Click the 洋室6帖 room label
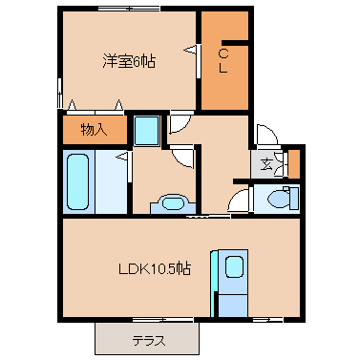pos(129,61)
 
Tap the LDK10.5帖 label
pos(155,269)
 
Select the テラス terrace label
pos(149,341)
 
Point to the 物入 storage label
pos(94,130)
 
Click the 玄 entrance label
pos(266,164)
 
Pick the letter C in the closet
pos(223,54)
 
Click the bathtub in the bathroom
pos(77,181)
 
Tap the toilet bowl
pos(279,200)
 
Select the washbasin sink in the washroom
pos(173,202)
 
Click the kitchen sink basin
pos(235,266)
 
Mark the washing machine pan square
pos(146,131)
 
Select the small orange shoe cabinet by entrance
pos(294,164)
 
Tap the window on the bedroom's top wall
pos(129,9)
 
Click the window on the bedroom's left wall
pos(59,93)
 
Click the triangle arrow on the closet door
pos(191,50)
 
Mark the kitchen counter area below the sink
pos(233,306)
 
